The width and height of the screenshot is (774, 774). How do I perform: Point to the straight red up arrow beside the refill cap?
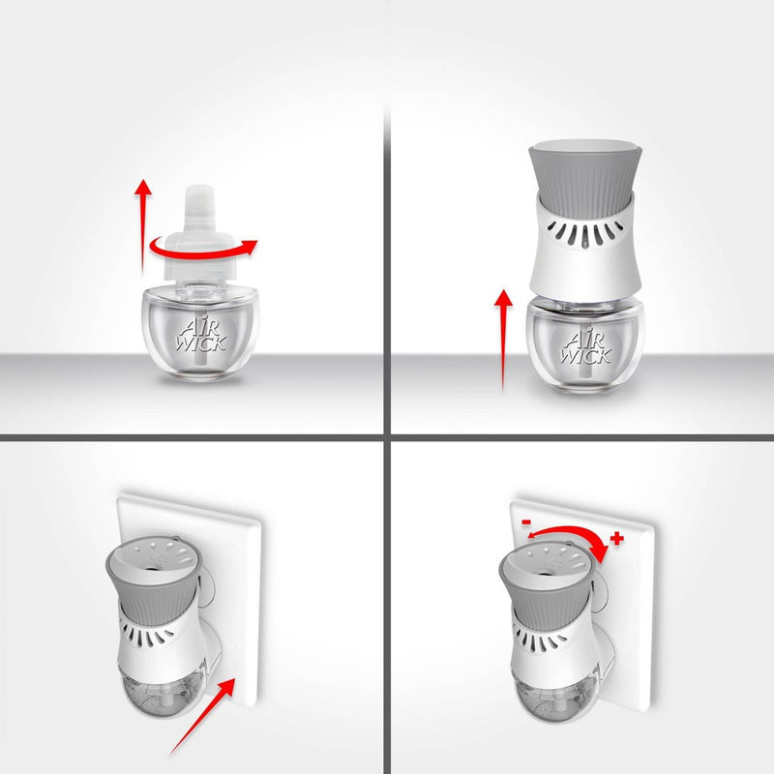143,226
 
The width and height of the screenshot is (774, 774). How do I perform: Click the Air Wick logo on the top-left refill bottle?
201,336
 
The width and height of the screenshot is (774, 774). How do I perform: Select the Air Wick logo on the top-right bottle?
586,347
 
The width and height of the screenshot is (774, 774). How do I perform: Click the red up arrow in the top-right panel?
503,340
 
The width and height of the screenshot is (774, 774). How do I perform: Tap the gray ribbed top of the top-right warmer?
585,173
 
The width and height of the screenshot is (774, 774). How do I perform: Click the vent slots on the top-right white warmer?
586,232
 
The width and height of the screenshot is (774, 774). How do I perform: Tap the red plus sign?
616,539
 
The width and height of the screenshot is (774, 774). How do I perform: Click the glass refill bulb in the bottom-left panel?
163,695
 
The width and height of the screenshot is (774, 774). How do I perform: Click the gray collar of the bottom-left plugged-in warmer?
153,592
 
